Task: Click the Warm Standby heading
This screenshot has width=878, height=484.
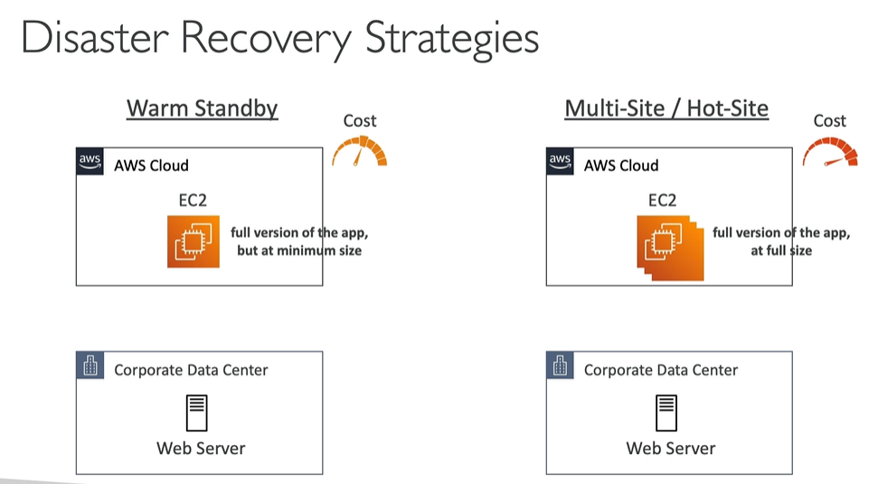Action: coord(202,109)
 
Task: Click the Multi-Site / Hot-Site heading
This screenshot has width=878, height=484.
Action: coord(666,109)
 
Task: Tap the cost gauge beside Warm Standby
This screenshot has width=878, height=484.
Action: coord(360,152)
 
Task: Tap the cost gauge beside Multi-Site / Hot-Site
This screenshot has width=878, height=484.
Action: coord(829,152)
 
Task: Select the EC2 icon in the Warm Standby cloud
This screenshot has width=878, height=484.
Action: coord(194,242)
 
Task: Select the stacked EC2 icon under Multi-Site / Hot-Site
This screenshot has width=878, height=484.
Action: coord(667,245)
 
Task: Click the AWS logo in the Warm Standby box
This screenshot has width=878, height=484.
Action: coord(90,162)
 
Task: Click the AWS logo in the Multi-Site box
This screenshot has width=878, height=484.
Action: coord(561,162)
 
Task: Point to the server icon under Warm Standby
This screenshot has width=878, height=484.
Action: coord(197,413)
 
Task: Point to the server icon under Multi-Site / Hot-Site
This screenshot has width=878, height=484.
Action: coord(667,413)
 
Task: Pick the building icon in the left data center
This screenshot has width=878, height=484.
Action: coord(90,366)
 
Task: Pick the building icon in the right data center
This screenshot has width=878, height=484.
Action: coord(561,366)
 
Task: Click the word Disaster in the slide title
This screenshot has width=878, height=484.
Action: coord(93,39)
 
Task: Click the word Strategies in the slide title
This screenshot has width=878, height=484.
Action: coord(452,41)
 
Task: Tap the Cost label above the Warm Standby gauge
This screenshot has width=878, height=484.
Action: coord(360,121)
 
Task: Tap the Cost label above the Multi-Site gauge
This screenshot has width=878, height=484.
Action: coord(829,121)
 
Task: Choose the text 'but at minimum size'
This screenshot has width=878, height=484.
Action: coord(299,250)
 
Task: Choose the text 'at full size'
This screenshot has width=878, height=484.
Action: coord(781,250)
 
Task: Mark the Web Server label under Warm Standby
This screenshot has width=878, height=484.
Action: coord(201,448)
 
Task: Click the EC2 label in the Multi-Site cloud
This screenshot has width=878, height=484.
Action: coord(663,200)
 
